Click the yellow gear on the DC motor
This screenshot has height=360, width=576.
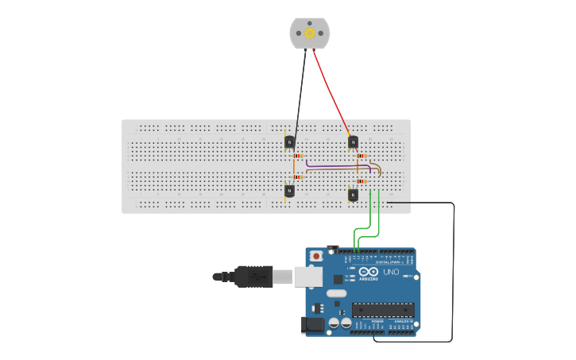[309, 33]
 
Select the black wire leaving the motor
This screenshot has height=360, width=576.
[300, 91]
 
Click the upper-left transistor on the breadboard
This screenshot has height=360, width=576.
[289, 142]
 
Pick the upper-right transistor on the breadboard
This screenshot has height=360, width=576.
[353, 142]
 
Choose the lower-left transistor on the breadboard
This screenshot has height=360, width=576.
[289, 191]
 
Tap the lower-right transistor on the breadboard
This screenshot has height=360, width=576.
[353, 194]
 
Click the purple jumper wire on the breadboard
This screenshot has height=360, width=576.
[334, 167]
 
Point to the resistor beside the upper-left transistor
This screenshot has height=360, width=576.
[298, 156]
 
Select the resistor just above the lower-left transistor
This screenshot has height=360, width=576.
[298, 177]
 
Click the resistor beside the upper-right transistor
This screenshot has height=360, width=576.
[361, 156]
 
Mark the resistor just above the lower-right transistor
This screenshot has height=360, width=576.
[361, 181]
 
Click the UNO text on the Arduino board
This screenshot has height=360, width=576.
[391, 272]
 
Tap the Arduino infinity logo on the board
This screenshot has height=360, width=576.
[369, 272]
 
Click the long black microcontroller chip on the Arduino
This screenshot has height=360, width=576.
[383, 309]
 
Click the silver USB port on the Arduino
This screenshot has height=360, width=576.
[308, 277]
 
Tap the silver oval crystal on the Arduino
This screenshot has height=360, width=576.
[337, 293]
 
